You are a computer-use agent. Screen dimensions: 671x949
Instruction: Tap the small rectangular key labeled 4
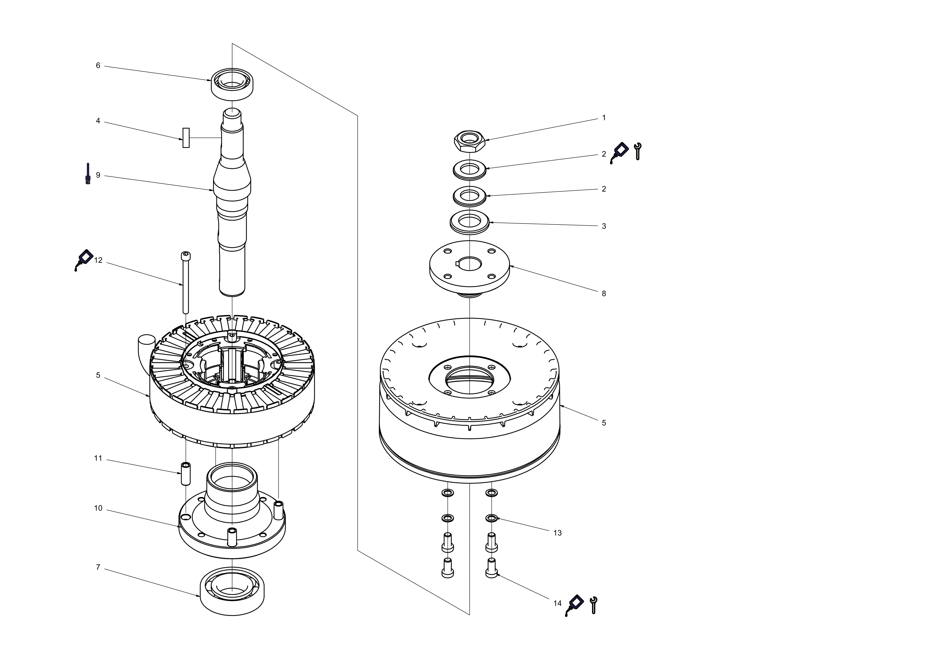point(186,138)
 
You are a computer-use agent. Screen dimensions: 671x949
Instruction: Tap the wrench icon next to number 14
point(593,605)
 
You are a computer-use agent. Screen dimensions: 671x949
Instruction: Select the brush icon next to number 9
point(88,174)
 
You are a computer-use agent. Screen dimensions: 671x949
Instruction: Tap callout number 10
point(98,508)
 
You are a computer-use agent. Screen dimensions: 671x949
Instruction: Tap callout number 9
point(98,175)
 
